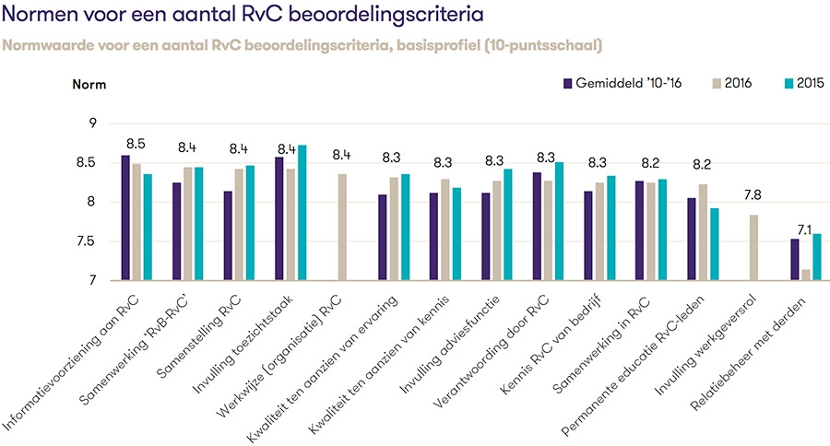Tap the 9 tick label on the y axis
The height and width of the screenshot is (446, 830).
(91, 123)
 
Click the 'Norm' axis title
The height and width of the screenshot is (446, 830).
(89, 85)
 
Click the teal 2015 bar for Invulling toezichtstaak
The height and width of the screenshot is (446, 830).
(302, 213)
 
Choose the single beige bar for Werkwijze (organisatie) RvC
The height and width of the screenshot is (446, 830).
(342, 227)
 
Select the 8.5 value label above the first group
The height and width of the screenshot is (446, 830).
(136, 145)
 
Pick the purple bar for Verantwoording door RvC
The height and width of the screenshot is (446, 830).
(536, 227)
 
